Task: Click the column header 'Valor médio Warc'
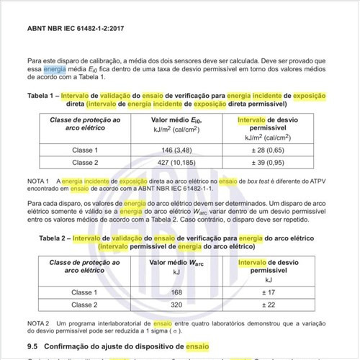click(176, 264)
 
